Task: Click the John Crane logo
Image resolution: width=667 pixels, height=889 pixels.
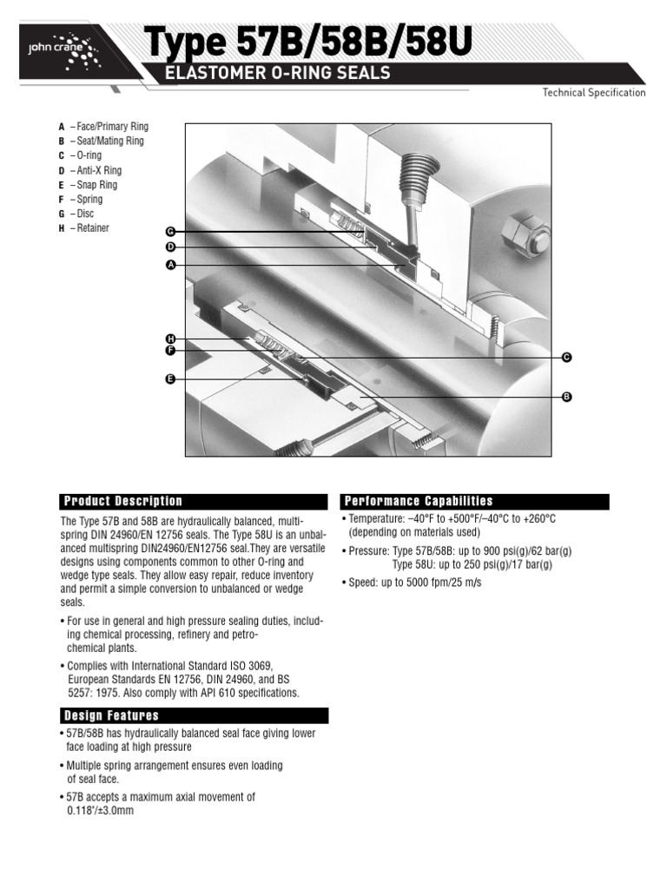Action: click(x=64, y=51)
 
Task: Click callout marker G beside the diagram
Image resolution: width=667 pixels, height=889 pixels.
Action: click(x=170, y=231)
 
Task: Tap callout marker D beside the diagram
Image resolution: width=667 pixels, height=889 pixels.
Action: click(x=170, y=247)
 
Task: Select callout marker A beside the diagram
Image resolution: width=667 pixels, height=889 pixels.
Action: click(x=170, y=265)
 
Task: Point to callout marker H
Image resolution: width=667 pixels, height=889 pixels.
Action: click(x=170, y=339)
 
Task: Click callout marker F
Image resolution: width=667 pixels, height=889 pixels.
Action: click(x=170, y=351)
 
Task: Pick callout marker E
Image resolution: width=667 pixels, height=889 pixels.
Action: click(x=170, y=379)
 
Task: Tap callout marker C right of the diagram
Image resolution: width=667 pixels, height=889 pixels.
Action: click(x=566, y=357)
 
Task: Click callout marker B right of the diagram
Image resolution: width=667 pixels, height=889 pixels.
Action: click(x=566, y=397)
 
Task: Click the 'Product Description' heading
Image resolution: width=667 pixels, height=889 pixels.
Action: click(x=123, y=501)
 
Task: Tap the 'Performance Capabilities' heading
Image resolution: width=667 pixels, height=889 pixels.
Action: click(x=419, y=501)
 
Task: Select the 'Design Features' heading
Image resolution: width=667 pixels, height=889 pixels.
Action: click(x=111, y=715)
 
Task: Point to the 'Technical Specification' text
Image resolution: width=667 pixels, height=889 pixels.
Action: click(x=594, y=92)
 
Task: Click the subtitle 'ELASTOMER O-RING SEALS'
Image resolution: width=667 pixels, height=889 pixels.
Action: click(x=277, y=73)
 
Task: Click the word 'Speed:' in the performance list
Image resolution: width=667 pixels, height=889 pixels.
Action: click(x=363, y=583)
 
